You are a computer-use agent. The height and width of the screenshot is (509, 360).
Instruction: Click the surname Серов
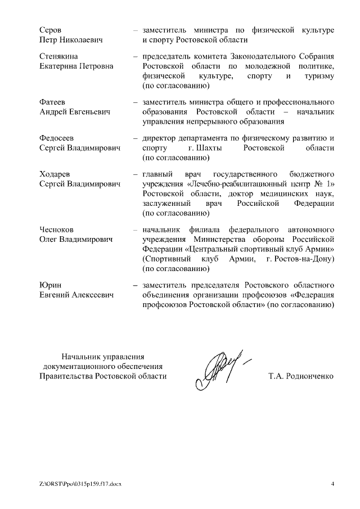(x=50, y=29)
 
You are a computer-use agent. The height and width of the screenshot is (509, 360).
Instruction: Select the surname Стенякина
(x=59, y=56)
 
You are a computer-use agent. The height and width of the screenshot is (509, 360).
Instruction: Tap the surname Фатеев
(x=53, y=102)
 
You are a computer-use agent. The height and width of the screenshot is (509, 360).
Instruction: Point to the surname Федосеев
(x=57, y=138)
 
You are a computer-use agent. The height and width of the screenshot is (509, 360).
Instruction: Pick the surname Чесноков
(x=57, y=229)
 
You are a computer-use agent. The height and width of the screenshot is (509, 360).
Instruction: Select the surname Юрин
(x=50, y=285)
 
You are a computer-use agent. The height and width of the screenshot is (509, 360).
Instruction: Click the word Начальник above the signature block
(x=82, y=357)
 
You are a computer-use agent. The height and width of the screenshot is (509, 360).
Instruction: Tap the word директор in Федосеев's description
(x=160, y=138)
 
